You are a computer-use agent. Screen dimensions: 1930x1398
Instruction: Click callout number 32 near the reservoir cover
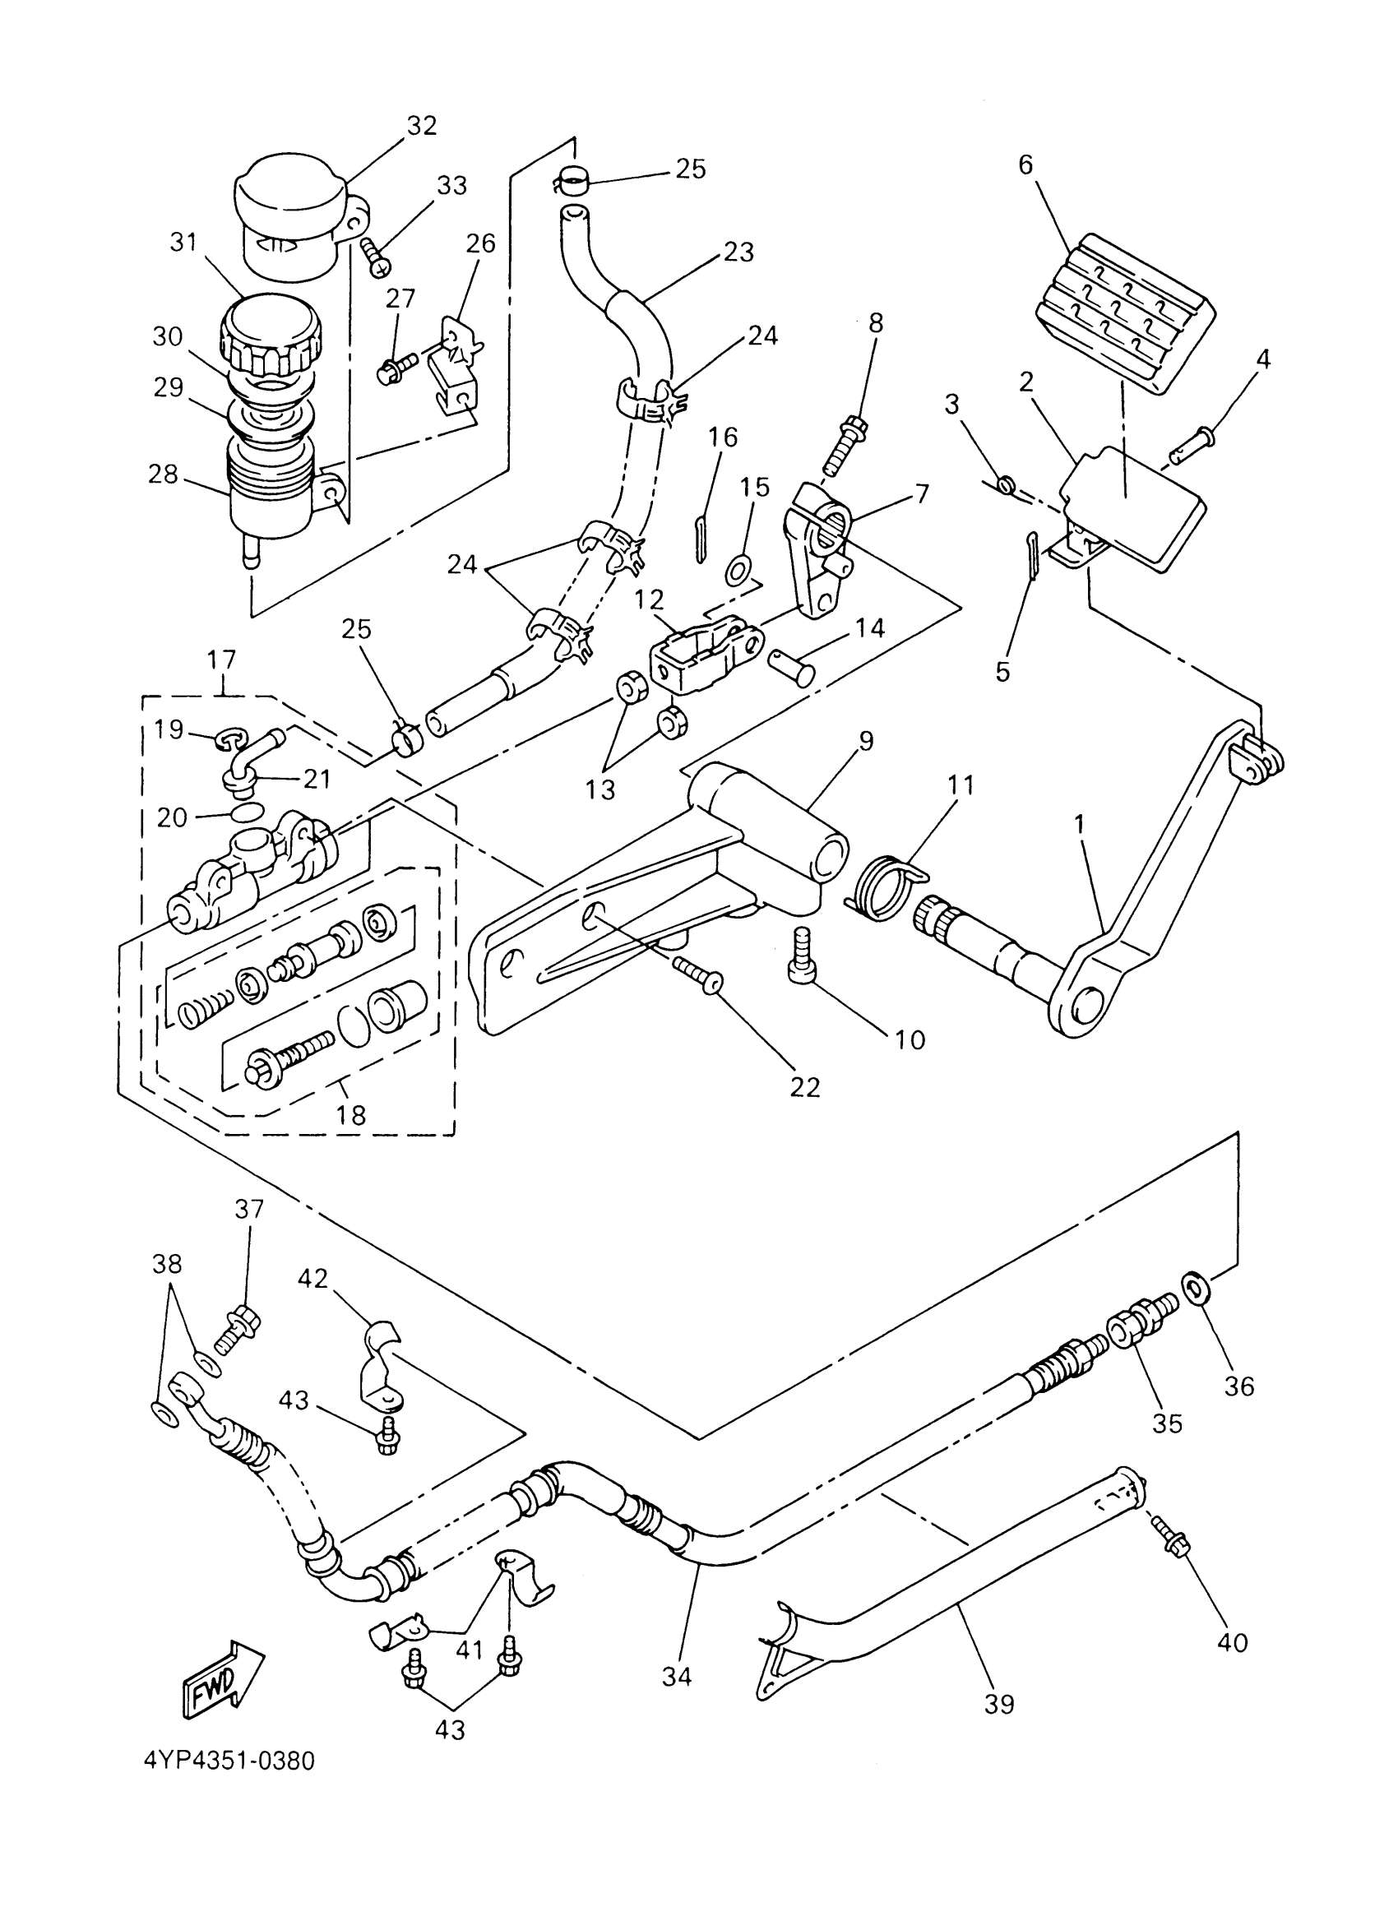421,126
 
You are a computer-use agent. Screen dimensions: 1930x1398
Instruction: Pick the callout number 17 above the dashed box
222,660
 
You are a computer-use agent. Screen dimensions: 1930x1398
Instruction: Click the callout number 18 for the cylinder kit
350,1116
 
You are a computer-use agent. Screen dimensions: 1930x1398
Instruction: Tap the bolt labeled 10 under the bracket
802,958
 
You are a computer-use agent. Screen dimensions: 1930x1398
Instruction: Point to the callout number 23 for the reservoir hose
738,252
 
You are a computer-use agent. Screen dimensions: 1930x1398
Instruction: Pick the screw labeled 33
375,254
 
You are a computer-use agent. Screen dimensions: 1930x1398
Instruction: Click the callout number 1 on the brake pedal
1079,825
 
